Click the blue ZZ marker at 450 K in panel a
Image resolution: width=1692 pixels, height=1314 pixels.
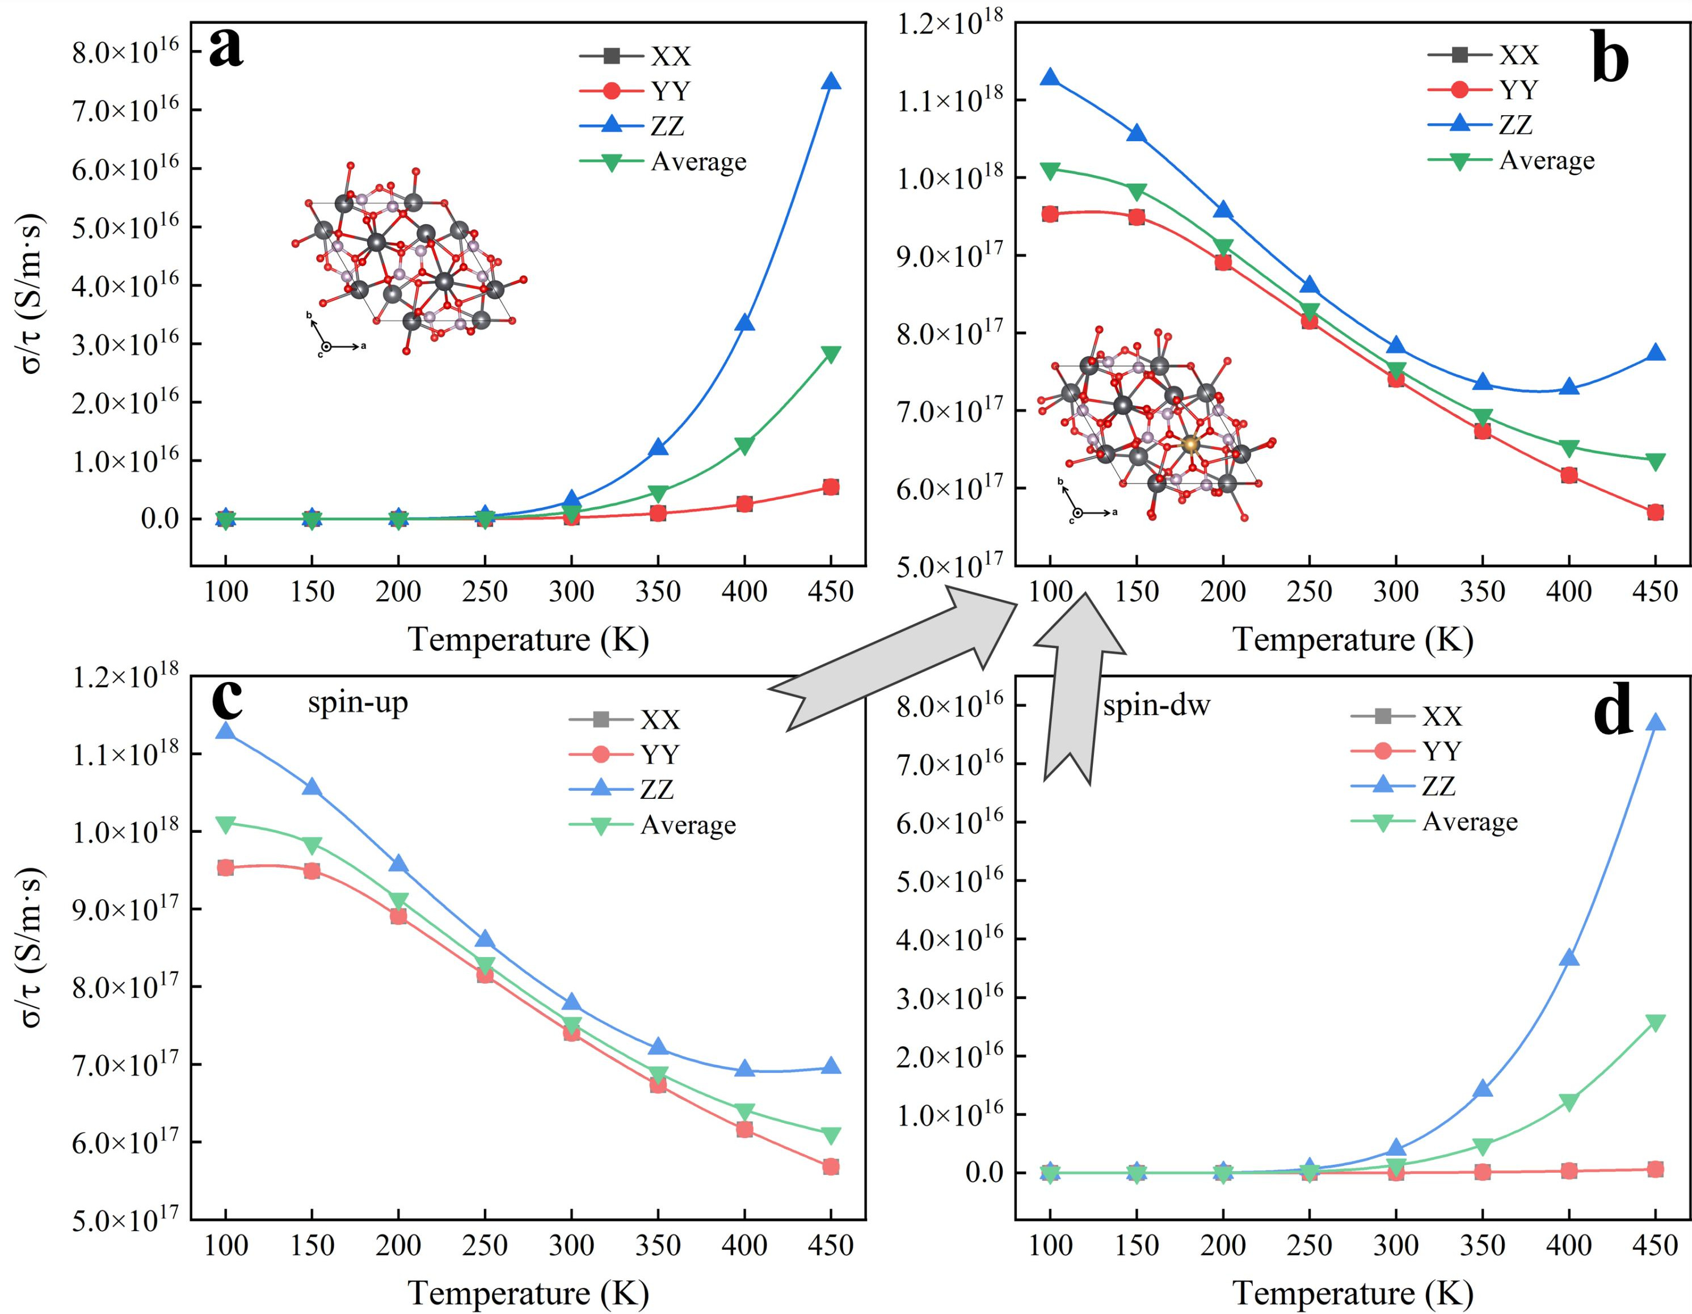[x=831, y=82]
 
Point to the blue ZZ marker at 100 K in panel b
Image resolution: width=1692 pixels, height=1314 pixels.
[x=1050, y=78]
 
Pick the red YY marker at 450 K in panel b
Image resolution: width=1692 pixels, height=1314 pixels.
[x=1655, y=512]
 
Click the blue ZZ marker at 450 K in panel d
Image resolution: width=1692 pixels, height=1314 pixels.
[x=1655, y=723]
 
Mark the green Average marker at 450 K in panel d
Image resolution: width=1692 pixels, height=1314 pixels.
[x=1655, y=1024]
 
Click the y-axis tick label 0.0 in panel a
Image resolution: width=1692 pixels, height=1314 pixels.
[x=159, y=519]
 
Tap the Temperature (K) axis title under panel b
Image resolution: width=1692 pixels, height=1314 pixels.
[x=1352, y=640]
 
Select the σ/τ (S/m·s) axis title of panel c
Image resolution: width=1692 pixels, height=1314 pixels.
[x=32, y=947]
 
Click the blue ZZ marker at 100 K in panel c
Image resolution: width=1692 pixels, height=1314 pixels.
[x=225, y=731]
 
